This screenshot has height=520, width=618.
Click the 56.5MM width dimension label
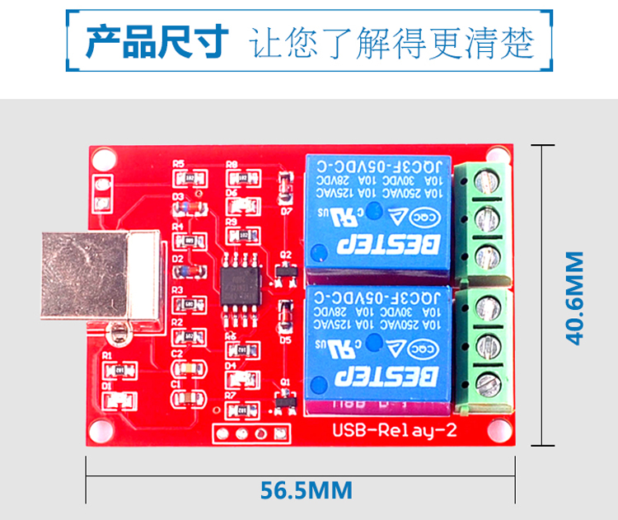307,490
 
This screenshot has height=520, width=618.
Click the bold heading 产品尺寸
157,41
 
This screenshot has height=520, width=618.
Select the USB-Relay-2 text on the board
393,429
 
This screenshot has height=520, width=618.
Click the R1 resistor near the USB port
121,371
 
